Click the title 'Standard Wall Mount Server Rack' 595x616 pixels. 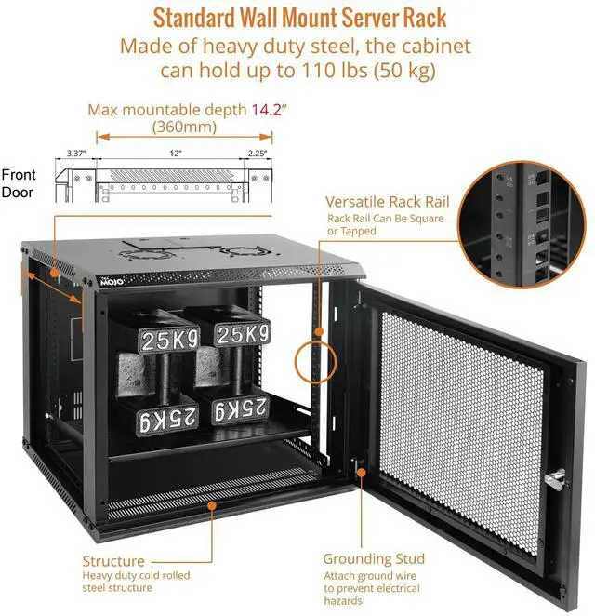[x=299, y=17]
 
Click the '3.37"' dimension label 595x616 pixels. [x=76, y=153]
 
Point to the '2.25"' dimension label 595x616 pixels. [x=258, y=153]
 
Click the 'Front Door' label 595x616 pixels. [x=19, y=183]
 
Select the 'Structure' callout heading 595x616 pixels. [x=113, y=561]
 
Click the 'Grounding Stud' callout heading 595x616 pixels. [x=374, y=558]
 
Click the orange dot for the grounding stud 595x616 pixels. [x=359, y=474]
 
